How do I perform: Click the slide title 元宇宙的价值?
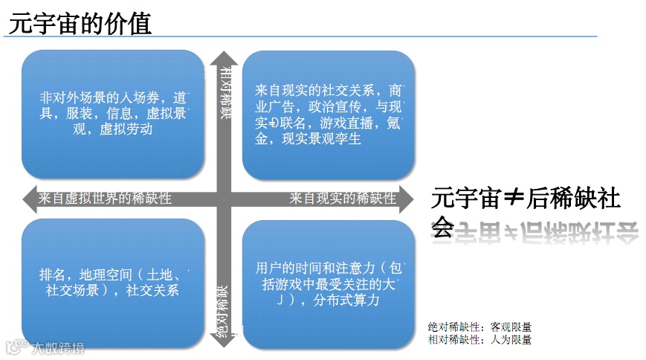[x=80, y=23]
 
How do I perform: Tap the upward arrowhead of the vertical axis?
[x=223, y=59]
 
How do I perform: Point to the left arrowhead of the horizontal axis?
[x=28, y=199]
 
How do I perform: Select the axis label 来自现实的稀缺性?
[x=343, y=199]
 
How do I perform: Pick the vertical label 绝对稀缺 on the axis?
[x=223, y=312]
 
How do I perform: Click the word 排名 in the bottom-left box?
[x=51, y=274]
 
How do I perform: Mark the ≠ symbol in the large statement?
[x=514, y=199]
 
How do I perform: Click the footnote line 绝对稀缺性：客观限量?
[x=479, y=327]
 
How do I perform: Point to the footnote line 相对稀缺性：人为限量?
[x=479, y=339]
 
